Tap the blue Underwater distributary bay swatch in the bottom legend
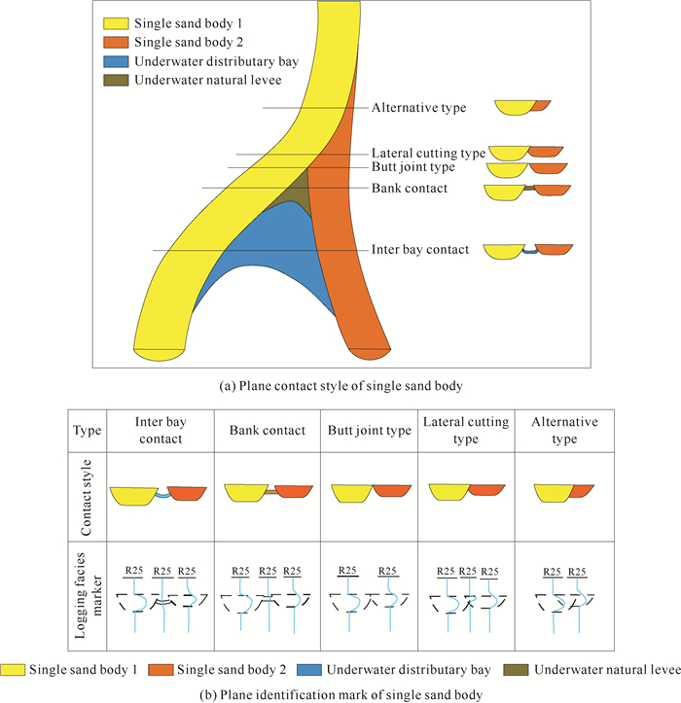click(308, 670)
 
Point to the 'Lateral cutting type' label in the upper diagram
click(428, 154)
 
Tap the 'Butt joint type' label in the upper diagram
click(414, 168)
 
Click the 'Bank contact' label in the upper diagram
click(410, 188)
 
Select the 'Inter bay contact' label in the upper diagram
click(420, 250)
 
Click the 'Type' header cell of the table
click(89, 431)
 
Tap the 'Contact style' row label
click(89, 496)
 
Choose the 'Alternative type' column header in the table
click(564, 431)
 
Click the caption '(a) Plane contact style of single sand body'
click(340, 385)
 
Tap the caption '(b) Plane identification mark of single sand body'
click(340, 692)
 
